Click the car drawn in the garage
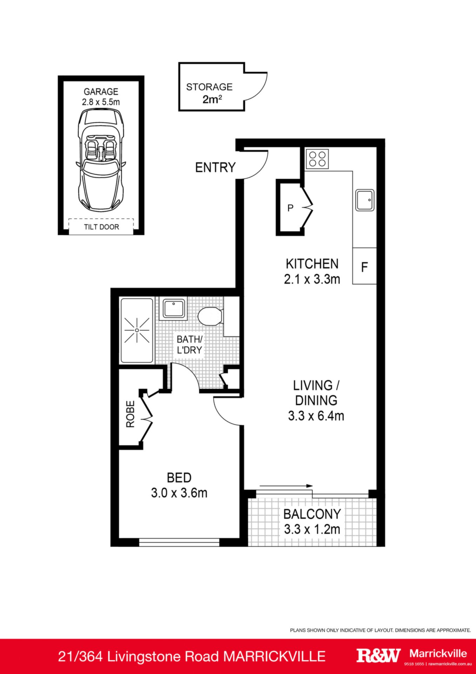tap(101, 160)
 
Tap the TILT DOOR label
tap(101, 227)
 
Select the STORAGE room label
tap(209, 87)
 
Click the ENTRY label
tap(215, 167)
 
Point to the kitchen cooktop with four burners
tap(317, 159)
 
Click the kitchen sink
tap(365, 200)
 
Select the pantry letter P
tap(290, 208)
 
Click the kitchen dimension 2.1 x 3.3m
tap(312, 279)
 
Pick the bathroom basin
tap(174, 309)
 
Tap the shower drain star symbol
tap(137, 330)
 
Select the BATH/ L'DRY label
tap(189, 345)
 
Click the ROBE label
tap(130, 414)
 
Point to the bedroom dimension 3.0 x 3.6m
tap(179, 493)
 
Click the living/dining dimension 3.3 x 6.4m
tap(316, 416)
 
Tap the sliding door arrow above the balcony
tap(286, 486)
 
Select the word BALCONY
tap(312, 514)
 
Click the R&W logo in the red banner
tap(378, 655)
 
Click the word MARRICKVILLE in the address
tap(275, 656)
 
